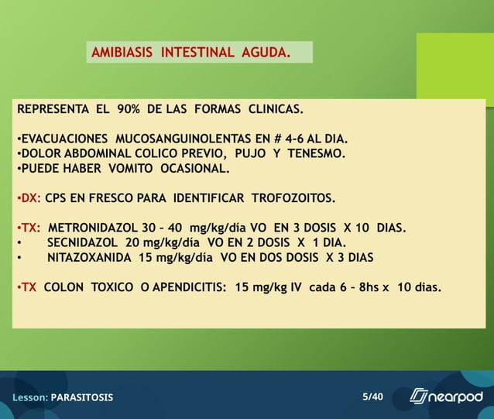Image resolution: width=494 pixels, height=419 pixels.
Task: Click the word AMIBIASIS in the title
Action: click(x=122, y=53)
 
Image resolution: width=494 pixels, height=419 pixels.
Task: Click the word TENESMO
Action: click(x=316, y=153)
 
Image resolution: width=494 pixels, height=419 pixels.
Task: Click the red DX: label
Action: click(x=29, y=197)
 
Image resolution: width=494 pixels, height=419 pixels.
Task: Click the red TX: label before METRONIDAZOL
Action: click(x=29, y=228)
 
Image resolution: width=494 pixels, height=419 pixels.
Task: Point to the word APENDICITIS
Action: click(x=188, y=287)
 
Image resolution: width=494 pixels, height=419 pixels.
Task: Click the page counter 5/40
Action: click(x=372, y=397)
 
